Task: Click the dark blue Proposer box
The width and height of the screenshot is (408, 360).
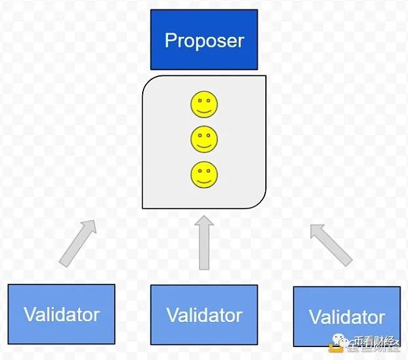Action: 204,39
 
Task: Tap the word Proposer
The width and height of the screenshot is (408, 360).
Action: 204,40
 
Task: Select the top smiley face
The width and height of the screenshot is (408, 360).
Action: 204,105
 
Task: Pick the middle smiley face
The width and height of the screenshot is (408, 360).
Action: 204,139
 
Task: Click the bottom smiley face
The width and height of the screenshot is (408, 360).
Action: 204,175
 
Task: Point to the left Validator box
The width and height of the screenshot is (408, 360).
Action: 61,314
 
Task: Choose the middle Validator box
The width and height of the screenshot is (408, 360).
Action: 204,314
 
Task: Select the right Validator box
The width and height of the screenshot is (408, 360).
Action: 347,317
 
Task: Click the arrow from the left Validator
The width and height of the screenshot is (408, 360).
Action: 77,242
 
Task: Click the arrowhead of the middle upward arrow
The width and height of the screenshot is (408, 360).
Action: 204,223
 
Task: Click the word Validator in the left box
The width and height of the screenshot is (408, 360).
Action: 61,314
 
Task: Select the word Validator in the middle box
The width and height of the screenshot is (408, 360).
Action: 204,315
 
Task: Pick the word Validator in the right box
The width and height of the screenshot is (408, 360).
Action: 347,317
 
